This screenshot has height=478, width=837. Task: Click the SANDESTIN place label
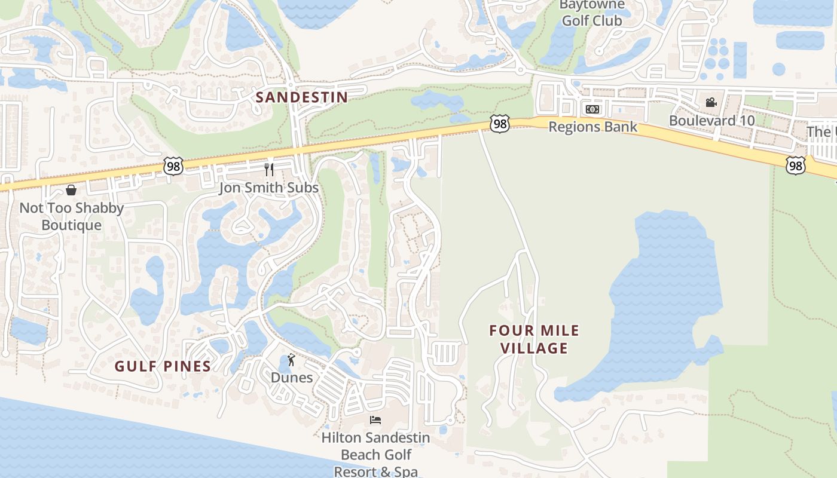tap(302, 97)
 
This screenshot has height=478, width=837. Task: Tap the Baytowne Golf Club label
tap(591, 13)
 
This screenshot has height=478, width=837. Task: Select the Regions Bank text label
tap(592, 127)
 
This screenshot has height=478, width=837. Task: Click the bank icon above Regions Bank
tap(592, 109)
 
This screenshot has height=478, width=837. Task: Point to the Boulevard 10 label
tap(711, 120)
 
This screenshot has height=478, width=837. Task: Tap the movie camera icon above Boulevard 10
tap(711, 103)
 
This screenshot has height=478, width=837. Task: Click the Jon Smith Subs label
tap(268, 188)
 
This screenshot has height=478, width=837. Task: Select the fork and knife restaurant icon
tap(269, 170)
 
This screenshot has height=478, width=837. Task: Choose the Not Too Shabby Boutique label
tap(72, 216)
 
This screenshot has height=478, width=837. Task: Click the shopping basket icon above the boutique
tap(71, 190)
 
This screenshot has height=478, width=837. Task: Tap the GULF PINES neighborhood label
tap(163, 366)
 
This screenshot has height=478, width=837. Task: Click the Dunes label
tap(292, 378)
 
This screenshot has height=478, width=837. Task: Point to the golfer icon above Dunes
tap(291, 360)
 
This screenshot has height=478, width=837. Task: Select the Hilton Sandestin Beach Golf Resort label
tap(375, 454)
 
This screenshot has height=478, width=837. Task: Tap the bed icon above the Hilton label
tap(375, 420)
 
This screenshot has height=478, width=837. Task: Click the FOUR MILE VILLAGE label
tap(534, 339)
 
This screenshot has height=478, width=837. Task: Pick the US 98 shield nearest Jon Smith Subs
tap(173, 166)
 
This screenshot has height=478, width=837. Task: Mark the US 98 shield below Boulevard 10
tap(795, 166)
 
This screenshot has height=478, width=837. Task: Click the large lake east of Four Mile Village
tap(664, 299)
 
